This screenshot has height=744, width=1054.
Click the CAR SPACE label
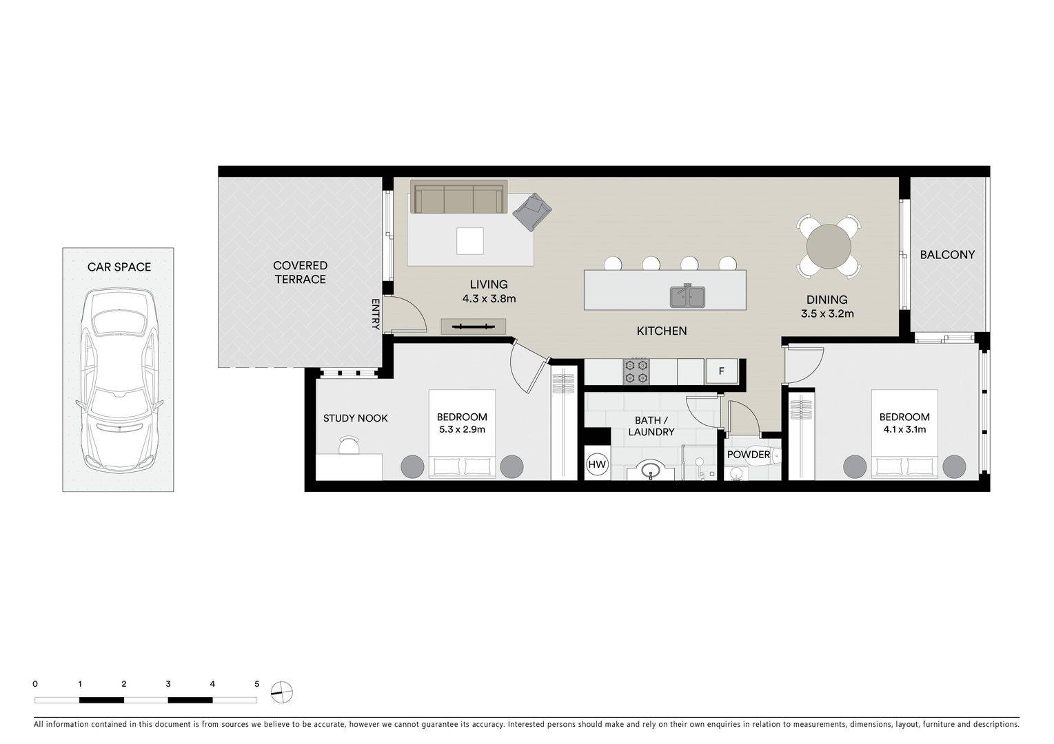point(119,267)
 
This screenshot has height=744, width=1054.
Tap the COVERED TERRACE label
point(300,272)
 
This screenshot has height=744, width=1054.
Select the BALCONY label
point(947,255)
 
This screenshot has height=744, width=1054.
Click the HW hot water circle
point(597,465)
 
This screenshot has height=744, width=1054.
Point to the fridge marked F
point(721,371)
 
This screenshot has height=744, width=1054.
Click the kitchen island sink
point(687,296)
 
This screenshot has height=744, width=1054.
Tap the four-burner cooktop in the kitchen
point(636,371)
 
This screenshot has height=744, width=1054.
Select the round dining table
point(829,246)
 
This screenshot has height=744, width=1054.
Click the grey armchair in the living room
point(531,211)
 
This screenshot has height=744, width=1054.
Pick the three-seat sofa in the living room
point(458,197)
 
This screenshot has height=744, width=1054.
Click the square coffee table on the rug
point(469,241)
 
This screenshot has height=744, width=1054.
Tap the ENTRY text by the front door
point(376,314)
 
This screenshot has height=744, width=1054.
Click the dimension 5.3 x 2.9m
point(462,430)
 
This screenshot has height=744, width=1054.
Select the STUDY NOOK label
point(355,418)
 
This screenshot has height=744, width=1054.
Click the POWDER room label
point(748,455)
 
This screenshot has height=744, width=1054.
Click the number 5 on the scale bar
point(256,684)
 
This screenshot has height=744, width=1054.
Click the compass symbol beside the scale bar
point(282,692)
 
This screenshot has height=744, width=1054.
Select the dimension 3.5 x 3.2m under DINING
point(827,314)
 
